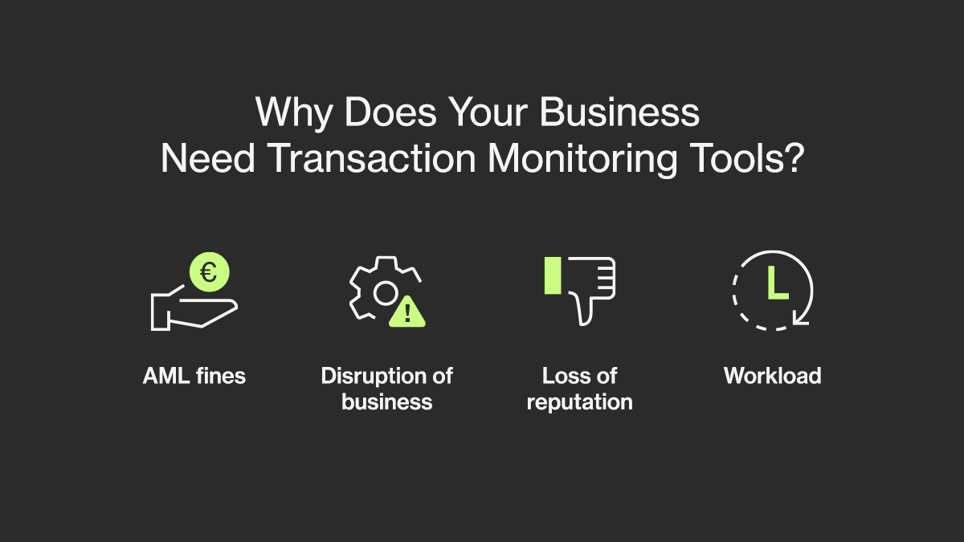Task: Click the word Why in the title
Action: (x=294, y=112)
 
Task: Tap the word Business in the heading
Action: (x=619, y=112)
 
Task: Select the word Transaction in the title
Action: (x=371, y=158)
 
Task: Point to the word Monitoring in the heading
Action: (x=582, y=159)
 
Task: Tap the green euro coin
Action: (x=209, y=272)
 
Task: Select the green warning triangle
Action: (x=407, y=312)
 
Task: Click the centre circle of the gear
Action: (x=385, y=293)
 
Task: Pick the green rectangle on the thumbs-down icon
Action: (x=553, y=275)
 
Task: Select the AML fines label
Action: (x=194, y=376)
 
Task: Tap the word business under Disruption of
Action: (x=387, y=401)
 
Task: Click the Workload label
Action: (x=773, y=376)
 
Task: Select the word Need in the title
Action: (x=208, y=158)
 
